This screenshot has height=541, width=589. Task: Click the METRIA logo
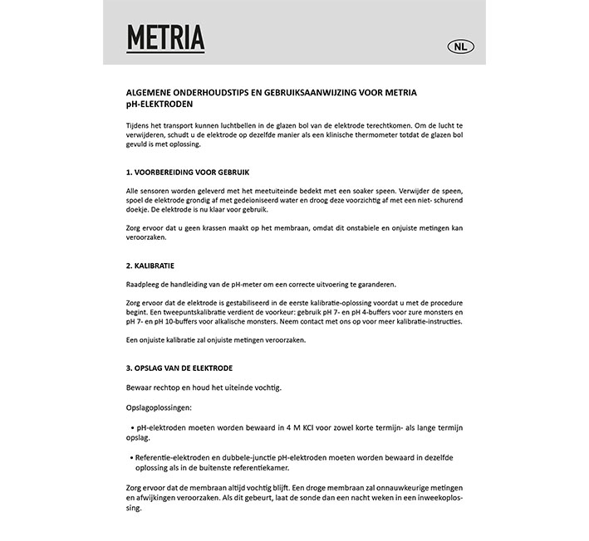(x=165, y=37)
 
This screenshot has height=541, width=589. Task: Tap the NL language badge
(x=459, y=47)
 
